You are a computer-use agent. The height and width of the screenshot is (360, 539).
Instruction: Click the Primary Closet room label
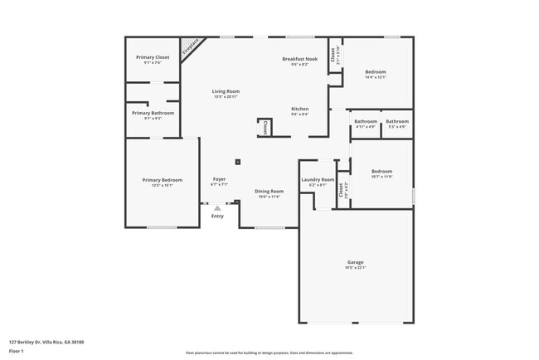[152, 57]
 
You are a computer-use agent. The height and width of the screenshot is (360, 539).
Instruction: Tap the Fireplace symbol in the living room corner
[191, 46]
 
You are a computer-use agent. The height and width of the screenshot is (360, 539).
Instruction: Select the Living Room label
[226, 91]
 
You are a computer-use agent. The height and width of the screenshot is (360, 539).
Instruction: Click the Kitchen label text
[299, 109]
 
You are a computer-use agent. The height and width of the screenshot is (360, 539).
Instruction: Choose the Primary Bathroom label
[153, 113]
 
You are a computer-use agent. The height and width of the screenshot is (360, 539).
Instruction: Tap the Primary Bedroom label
[162, 180]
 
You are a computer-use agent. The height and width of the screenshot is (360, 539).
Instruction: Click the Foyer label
[219, 179]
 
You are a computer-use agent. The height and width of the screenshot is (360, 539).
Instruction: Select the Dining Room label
[269, 192]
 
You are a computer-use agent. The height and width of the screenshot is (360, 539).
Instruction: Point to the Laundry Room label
[318, 180]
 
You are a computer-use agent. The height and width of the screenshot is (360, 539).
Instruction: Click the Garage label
[356, 263]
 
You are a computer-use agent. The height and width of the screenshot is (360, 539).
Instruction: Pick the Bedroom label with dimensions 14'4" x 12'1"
[376, 72]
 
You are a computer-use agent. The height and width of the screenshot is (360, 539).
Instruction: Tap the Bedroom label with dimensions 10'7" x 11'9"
[381, 172]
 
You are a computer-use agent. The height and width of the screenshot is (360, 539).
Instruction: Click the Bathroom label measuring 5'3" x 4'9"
[397, 122]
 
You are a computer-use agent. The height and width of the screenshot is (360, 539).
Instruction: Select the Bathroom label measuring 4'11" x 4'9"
[366, 122]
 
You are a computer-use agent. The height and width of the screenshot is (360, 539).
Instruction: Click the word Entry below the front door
[217, 216]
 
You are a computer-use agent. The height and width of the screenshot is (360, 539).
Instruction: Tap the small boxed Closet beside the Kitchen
[265, 128]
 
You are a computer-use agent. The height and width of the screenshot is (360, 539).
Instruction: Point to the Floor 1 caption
[17, 351]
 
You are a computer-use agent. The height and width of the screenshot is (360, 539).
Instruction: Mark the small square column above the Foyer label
[238, 162]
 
